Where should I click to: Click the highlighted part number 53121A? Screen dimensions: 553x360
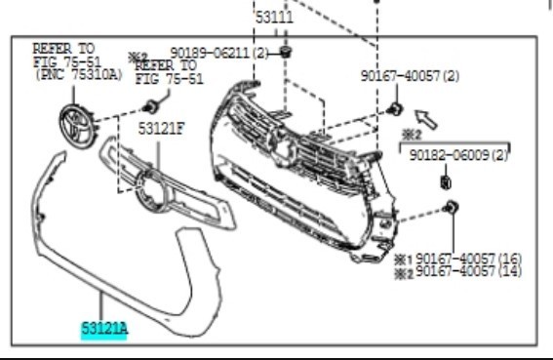(104, 329)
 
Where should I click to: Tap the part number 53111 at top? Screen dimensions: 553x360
(274, 18)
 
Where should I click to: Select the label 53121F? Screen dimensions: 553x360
(161, 129)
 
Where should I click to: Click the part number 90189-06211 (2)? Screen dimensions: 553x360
(219, 54)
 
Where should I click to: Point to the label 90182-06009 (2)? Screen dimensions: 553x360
(458, 155)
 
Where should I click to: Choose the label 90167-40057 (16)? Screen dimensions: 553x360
(468, 259)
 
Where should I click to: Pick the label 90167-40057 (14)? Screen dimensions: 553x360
(468, 271)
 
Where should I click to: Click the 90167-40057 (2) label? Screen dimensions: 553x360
(410, 76)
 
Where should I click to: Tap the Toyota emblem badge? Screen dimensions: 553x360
(78, 126)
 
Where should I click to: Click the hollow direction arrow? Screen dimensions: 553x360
(426, 119)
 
